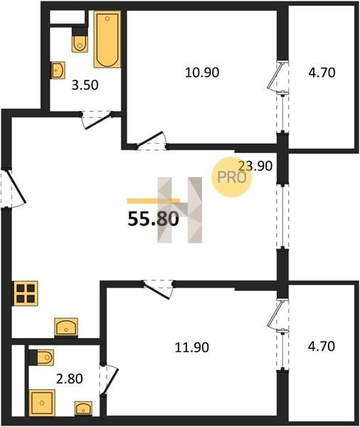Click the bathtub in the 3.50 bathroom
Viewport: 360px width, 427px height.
coord(107,39)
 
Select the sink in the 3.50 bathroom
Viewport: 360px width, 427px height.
coord(58,70)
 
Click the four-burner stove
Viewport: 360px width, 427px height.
coord(25,293)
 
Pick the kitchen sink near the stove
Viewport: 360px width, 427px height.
coord(66,327)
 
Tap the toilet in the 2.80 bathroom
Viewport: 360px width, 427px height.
coord(41,357)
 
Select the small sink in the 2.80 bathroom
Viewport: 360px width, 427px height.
coord(83,408)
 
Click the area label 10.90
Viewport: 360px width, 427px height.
coord(202,73)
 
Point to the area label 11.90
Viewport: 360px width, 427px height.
coord(191,347)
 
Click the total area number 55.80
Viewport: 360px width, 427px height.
coord(153,218)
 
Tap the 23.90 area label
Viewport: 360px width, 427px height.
coord(255,166)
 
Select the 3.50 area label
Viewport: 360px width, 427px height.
coord(85,85)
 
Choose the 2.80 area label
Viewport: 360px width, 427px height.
coord(70,379)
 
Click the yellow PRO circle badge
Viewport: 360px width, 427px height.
coord(232,177)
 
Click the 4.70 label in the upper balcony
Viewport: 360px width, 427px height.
coord(322,73)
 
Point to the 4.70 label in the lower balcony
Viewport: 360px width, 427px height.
coord(322,347)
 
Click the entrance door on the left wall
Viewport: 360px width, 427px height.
coord(13,188)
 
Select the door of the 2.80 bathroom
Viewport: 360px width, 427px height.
coord(109,380)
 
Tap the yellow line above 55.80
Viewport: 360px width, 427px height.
coord(153,201)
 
